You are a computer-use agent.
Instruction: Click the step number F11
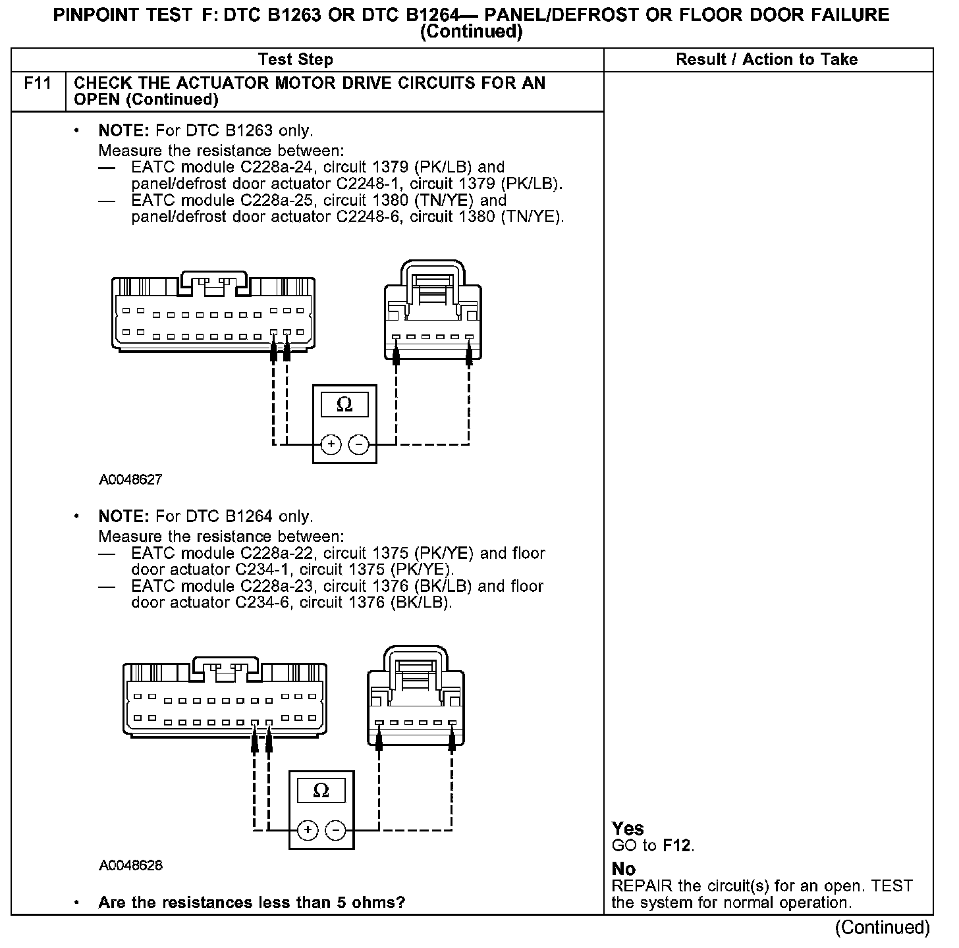pyautogui.click(x=38, y=84)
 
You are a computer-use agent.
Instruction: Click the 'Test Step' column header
pyautogui.click(x=296, y=60)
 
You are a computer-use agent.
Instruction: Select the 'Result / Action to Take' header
pyautogui.click(x=767, y=60)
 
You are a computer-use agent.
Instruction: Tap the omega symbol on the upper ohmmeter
pyautogui.click(x=344, y=404)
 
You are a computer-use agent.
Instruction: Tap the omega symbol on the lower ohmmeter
pyautogui.click(x=321, y=790)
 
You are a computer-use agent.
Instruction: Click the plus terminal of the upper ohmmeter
pyautogui.click(x=331, y=445)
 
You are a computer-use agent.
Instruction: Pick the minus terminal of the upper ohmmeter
pyautogui.click(x=359, y=445)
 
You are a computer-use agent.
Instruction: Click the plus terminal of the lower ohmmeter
pyautogui.click(x=307, y=831)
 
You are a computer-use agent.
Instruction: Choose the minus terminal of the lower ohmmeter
pyautogui.click(x=335, y=831)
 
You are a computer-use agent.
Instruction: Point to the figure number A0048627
pyautogui.click(x=130, y=480)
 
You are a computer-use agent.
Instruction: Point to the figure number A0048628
pyautogui.click(x=130, y=865)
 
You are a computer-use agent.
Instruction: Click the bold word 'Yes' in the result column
pyautogui.click(x=628, y=828)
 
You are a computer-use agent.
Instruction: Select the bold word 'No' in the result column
pyautogui.click(x=623, y=869)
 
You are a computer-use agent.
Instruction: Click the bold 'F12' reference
pyautogui.click(x=677, y=845)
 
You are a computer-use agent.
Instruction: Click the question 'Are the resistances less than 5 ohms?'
pyautogui.click(x=252, y=902)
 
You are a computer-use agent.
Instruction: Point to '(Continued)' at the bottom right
pyautogui.click(x=883, y=928)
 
